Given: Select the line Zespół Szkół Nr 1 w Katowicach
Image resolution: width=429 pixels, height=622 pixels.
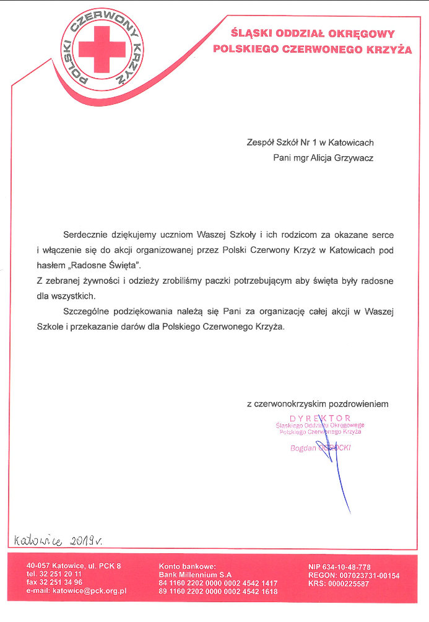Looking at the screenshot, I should point(310,142).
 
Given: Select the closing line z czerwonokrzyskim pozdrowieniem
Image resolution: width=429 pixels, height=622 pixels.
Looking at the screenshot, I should point(318,404).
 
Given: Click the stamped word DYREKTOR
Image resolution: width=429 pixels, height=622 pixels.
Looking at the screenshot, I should point(320,418).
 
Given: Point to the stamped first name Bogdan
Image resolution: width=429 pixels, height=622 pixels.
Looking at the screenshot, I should point(304,448).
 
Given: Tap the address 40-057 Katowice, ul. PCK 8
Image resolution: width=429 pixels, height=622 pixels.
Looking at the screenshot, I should point(74,566).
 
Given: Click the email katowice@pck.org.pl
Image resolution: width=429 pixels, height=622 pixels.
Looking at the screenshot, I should point(77,592).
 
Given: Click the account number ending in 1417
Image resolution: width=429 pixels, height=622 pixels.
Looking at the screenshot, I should point(218,583).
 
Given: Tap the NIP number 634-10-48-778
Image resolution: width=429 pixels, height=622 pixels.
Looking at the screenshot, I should point(339,567).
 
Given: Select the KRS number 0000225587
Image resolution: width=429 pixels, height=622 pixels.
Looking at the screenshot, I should point(339,584).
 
